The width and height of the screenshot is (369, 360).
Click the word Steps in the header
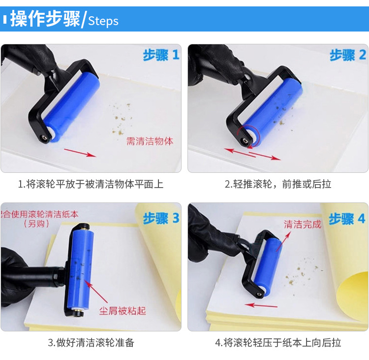pos(103,21)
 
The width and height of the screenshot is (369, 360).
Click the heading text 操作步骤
pos(45,20)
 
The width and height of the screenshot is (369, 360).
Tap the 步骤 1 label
pos(161,55)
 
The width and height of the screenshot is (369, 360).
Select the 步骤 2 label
pos(348,55)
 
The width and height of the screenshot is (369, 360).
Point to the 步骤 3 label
pos(161,218)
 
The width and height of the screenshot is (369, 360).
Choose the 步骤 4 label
pos(347,218)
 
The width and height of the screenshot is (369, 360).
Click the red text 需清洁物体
pos(150,141)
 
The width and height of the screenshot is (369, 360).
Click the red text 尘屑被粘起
pos(123,311)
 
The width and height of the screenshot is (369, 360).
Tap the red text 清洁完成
pos(302,225)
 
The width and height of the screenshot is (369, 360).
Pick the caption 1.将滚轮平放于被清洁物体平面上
pos(91,184)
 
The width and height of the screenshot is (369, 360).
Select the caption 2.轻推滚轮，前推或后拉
pos(278,184)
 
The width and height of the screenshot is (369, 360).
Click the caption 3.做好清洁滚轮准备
pos(91,343)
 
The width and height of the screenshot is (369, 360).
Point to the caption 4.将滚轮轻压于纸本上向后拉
pos(278,343)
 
